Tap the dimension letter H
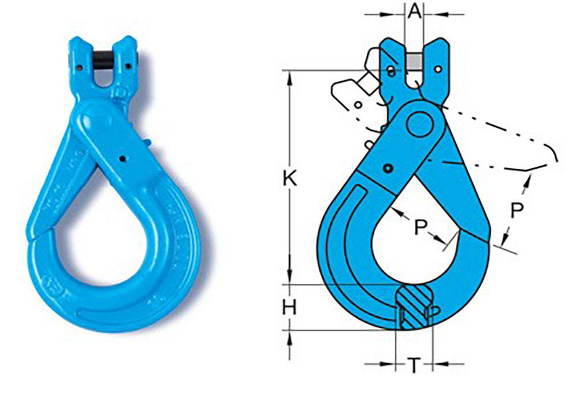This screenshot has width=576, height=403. [289, 308]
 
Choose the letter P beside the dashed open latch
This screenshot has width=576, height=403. [517, 211]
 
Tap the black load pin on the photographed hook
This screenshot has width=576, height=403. [103, 62]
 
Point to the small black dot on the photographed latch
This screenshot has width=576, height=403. [123, 159]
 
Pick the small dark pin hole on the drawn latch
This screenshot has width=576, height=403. [390, 168]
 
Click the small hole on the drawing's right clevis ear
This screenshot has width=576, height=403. [439, 69]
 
